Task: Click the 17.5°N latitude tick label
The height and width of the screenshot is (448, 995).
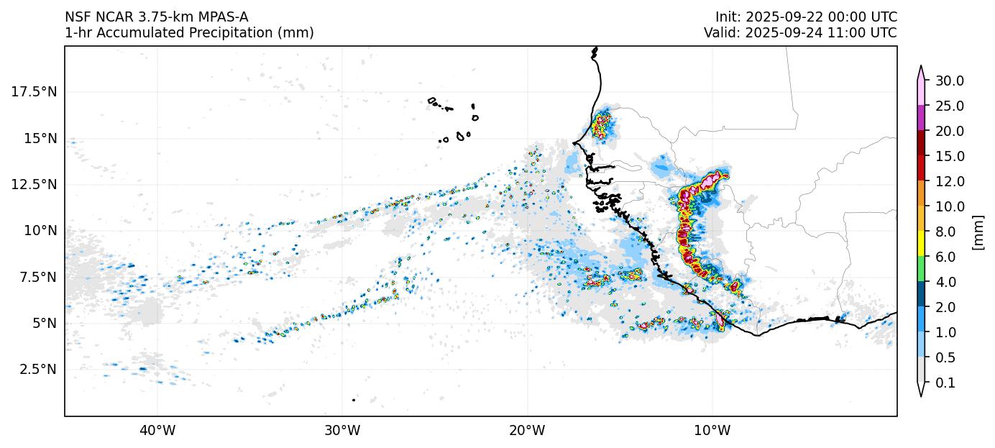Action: point(34,92)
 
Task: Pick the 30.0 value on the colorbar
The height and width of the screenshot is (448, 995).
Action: point(949,81)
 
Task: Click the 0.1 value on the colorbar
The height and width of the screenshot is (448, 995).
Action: point(945,383)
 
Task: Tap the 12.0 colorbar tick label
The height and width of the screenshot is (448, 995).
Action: point(949,181)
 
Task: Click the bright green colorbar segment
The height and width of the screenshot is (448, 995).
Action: point(920,270)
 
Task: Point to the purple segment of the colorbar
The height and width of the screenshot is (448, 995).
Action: point(920,118)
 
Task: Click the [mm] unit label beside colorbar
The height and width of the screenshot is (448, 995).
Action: point(978,232)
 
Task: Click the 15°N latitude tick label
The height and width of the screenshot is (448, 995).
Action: point(40,138)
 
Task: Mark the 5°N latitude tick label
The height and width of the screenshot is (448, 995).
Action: point(43,323)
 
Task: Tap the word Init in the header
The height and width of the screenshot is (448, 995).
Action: point(727,17)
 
